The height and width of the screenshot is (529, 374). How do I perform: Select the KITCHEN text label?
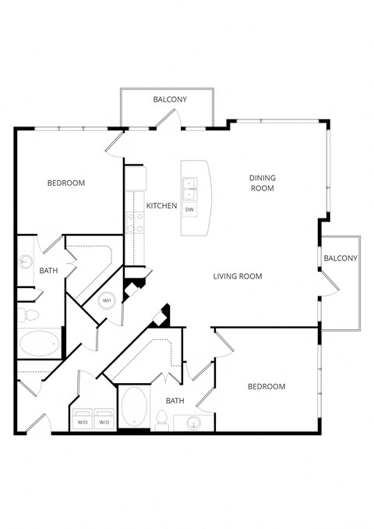[x=161, y=206]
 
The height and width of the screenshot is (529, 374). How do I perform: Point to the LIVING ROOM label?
[x=238, y=276]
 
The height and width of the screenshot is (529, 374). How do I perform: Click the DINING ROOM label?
[x=262, y=183]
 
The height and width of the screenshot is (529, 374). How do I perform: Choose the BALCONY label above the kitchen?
[x=169, y=100]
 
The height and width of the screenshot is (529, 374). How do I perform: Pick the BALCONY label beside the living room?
[x=340, y=258]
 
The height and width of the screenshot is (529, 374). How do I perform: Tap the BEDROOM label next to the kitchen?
[x=65, y=183]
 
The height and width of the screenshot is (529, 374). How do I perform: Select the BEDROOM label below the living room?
[x=266, y=386]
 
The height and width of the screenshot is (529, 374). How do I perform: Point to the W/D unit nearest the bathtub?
[x=104, y=417]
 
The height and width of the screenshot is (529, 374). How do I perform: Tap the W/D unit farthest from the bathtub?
[x=82, y=417]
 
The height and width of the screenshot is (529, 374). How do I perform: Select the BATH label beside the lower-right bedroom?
[x=175, y=401]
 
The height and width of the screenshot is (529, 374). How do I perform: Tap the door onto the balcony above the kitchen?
[x=167, y=119]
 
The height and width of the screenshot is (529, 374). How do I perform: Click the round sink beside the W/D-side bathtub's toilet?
[x=192, y=422]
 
